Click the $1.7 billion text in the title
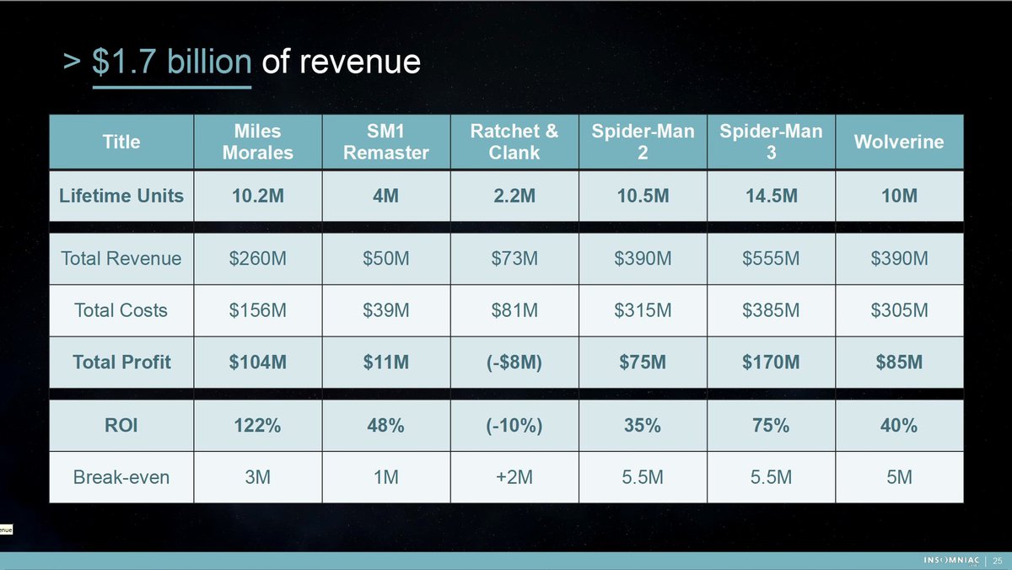pos(171,62)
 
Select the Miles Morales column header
pos(258,142)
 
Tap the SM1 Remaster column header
pos(386,142)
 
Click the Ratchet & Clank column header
pos(514,142)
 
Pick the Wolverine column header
pos(899,142)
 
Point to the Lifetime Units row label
pos(121,196)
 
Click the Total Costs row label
pos(121,310)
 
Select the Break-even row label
pos(121,477)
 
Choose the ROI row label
pos(121,426)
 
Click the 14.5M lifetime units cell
pos(771,196)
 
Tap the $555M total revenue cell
pos(771,258)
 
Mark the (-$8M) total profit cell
pos(514,363)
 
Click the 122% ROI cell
pos(258,426)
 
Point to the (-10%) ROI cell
pos(514,426)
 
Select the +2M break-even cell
pos(514,477)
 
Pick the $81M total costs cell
pos(514,310)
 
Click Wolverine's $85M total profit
pos(899,363)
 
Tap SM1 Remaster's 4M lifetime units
pos(386,196)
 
